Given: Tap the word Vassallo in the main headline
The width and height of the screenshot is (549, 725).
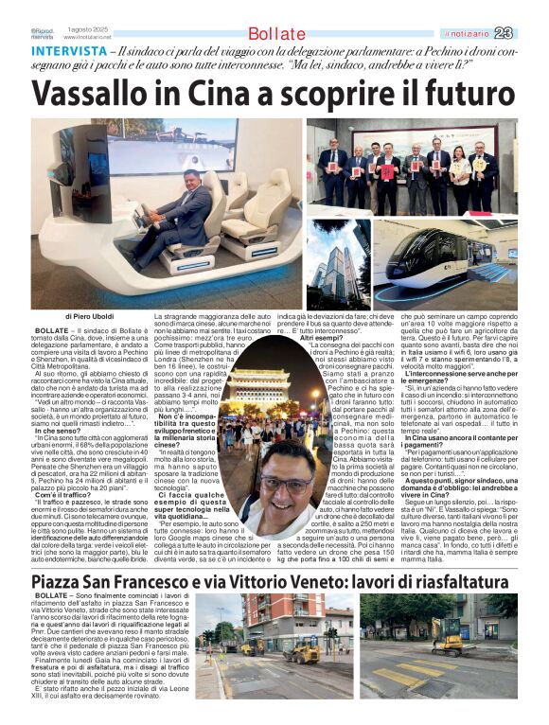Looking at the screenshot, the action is pos(101,95).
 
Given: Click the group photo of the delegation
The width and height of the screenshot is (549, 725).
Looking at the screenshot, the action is pos(411,168).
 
